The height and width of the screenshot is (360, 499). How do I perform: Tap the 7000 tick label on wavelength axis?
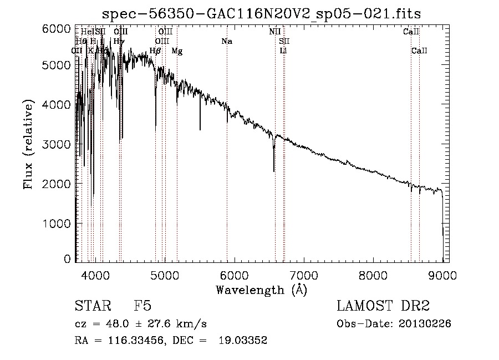point(304,275)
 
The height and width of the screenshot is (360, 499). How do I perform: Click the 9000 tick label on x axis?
point(442,275)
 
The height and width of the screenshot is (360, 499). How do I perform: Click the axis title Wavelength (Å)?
point(261,290)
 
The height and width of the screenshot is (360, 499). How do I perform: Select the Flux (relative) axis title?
point(29,144)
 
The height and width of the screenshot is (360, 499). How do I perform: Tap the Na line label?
point(226,42)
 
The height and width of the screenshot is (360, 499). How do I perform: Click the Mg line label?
point(177,51)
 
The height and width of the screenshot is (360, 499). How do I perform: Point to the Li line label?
point(283,51)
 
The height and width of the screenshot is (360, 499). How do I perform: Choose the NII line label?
point(274,32)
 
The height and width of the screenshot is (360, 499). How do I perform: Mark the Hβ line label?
point(155,51)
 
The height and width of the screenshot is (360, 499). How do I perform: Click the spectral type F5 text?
point(142,306)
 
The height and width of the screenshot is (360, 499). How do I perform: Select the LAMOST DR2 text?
point(383,306)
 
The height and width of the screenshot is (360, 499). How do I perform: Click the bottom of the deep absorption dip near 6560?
point(274,171)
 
